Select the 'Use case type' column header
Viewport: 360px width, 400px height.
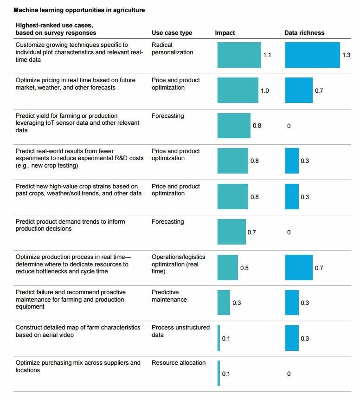(172, 33)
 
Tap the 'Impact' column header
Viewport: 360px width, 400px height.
(225, 33)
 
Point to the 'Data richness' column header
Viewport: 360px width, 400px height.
(304, 33)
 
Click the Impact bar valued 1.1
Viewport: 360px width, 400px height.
(239, 55)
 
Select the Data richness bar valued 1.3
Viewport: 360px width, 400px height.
(312, 55)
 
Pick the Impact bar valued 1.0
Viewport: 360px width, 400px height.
(238, 90)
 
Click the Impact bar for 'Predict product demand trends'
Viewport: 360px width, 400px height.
(231, 232)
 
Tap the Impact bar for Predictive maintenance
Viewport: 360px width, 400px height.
(224, 303)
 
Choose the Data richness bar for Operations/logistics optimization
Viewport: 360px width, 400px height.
(299, 267)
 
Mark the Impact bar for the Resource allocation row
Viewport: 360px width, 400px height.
(219, 373)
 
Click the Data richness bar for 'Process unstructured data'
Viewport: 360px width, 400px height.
(292, 338)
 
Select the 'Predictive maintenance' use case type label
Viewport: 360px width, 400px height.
(169, 296)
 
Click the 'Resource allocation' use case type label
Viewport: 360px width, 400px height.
(179, 363)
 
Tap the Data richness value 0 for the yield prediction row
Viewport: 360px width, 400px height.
(289, 126)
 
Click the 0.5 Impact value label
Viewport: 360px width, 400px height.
(244, 268)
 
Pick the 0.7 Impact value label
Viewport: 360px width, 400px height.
(251, 232)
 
